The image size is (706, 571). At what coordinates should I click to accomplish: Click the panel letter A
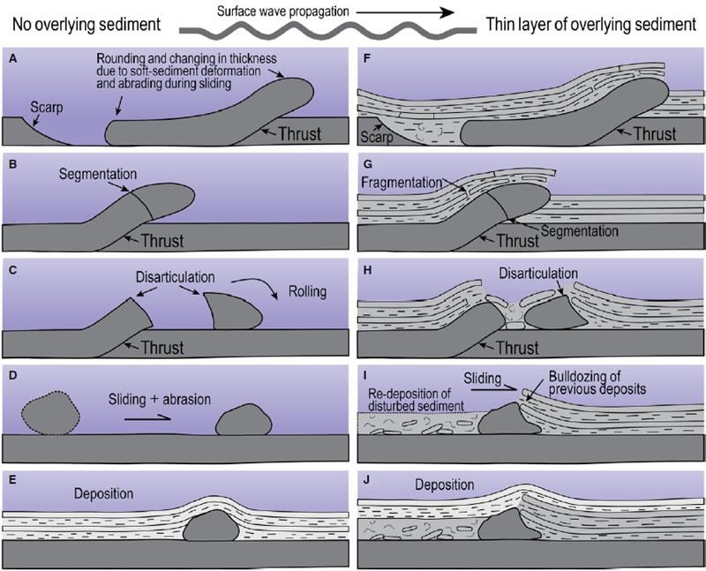pos(11,58)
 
